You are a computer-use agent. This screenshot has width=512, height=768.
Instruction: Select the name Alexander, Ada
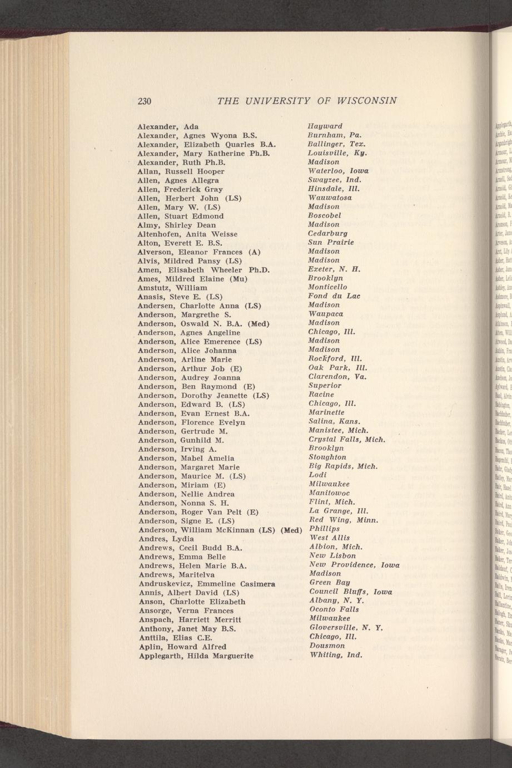(x=168, y=126)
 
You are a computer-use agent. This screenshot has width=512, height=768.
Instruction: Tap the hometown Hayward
(x=325, y=126)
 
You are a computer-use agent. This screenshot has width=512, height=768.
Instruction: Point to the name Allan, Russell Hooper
(x=181, y=171)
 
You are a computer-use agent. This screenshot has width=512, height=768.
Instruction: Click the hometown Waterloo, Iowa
(x=338, y=171)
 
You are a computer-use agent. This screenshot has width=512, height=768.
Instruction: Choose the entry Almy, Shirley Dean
(x=176, y=225)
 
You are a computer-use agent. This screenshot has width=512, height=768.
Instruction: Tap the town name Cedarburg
(x=328, y=234)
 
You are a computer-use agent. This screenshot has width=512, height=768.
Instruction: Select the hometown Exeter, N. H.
(x=335, y=269)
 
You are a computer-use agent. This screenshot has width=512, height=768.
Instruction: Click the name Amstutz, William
(x=172, y=288)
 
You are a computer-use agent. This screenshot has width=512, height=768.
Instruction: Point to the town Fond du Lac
(x=334, y=296)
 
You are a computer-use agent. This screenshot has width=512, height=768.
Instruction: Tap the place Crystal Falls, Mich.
(x=346, y=440)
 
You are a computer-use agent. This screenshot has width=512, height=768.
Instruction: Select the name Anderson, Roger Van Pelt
(x=198, y=511)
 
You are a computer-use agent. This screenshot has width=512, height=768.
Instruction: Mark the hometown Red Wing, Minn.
(x=344, y=520)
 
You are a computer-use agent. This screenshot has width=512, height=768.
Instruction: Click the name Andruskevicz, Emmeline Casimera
(x=207, y=583)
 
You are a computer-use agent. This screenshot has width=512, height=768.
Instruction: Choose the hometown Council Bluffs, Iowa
(x=350, y=592)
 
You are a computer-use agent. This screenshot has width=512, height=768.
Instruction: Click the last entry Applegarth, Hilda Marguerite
(x=195, y=656)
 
